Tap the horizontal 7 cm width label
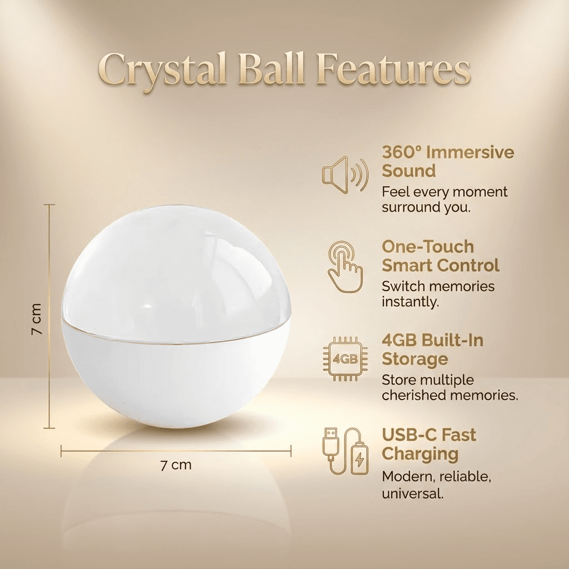tap(176, 465)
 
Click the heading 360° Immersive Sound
tap(448, 162)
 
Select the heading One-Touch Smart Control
tap(441, 256)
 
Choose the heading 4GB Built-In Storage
tap(432, 350)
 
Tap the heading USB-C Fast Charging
tap(429, 443)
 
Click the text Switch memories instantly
tap(438, 294)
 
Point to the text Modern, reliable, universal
tap(436, 485)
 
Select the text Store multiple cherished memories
tap(450, 388)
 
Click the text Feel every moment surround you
tap(445, 199)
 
